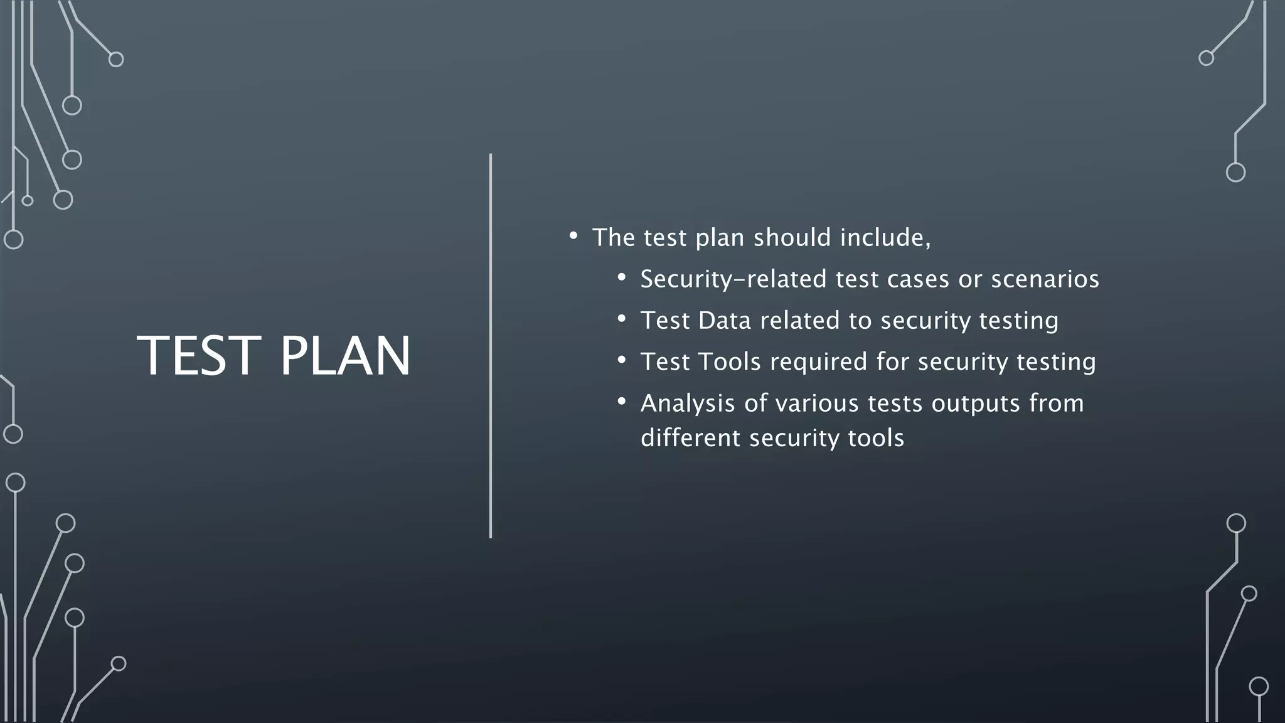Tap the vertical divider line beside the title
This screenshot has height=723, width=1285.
(x=491, y=345)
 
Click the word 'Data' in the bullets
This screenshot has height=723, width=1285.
(x=724, y=321)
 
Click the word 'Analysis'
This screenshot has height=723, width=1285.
(x=688, y=404)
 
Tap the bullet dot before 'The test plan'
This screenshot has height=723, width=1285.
(x=573, y=237)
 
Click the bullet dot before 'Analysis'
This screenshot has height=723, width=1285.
(x=621, y=402)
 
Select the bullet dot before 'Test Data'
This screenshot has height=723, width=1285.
(x=621, y=319)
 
